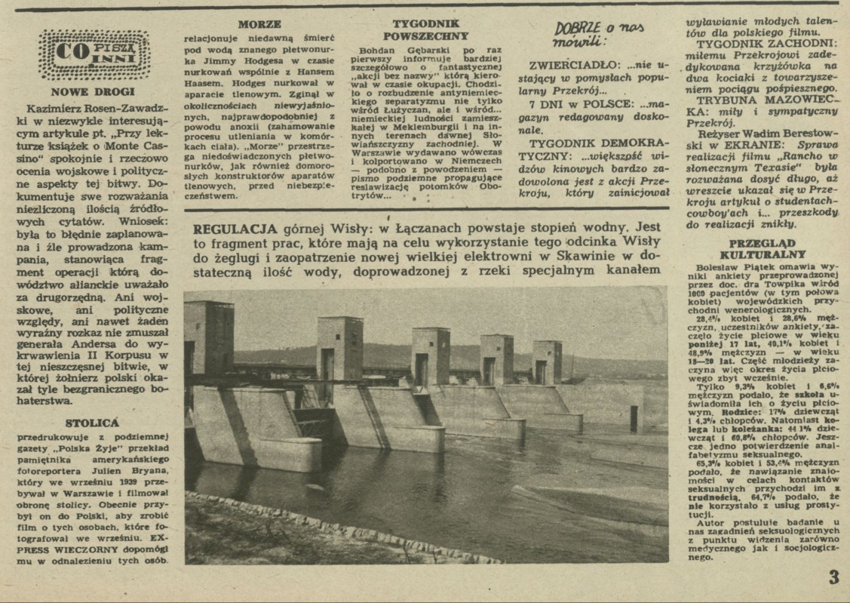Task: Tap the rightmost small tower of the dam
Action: (x=546, y=361)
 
